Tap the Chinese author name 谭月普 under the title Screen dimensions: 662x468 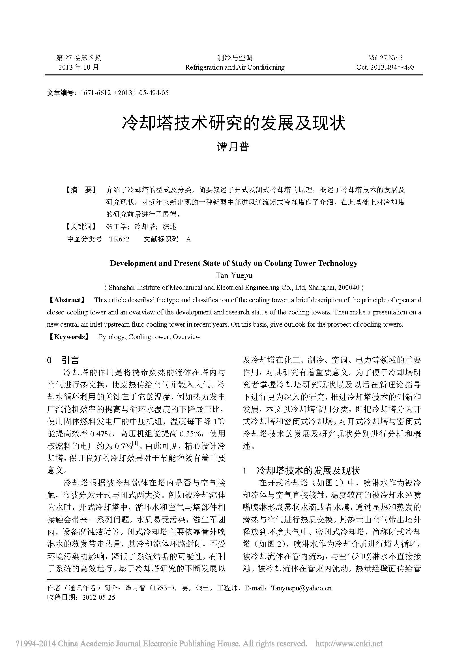[x=233, y=147]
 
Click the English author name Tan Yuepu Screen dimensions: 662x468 [x=234, y=275]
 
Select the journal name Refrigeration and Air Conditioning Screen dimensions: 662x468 [x=235, y=67]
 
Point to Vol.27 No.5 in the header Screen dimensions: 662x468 [x=385, y=58]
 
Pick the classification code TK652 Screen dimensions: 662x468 [x=119, y=239]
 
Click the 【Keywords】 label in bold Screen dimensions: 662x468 [x=68, y=337]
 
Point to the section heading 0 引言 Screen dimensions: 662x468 [x=63, y=360]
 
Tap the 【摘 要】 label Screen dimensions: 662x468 [x=80, y=190]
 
